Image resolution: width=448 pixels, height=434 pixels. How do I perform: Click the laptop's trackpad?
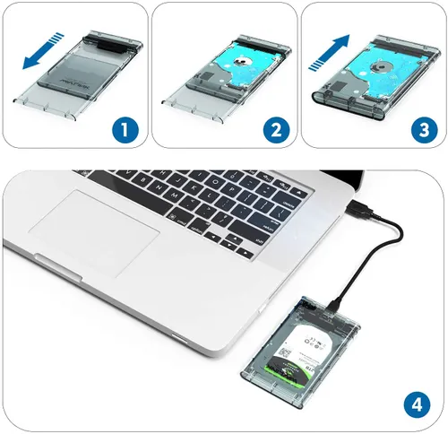point(99,225)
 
